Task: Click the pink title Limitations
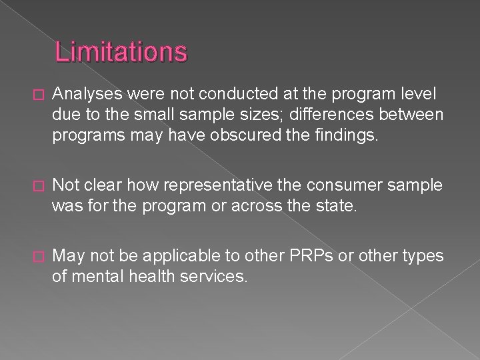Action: (121, 52)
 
